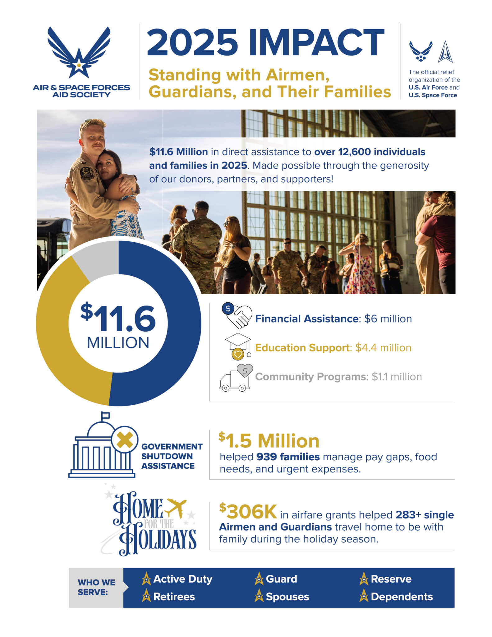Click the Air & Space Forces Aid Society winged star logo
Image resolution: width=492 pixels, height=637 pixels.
(79, 53)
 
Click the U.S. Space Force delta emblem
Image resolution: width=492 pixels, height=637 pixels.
(445, 52)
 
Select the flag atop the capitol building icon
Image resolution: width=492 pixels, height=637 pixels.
(106, 415)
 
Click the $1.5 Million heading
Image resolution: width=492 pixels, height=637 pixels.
(269, 440)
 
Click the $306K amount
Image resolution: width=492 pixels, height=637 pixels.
(248, 511)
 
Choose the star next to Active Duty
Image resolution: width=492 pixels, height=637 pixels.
(146, 579)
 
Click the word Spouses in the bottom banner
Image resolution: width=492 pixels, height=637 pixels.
(287, 597)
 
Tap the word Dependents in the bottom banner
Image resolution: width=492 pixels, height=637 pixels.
(402, 597)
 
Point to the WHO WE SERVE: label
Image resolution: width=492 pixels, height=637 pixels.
(96, 587)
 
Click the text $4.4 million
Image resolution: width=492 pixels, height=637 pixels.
(383, 348)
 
